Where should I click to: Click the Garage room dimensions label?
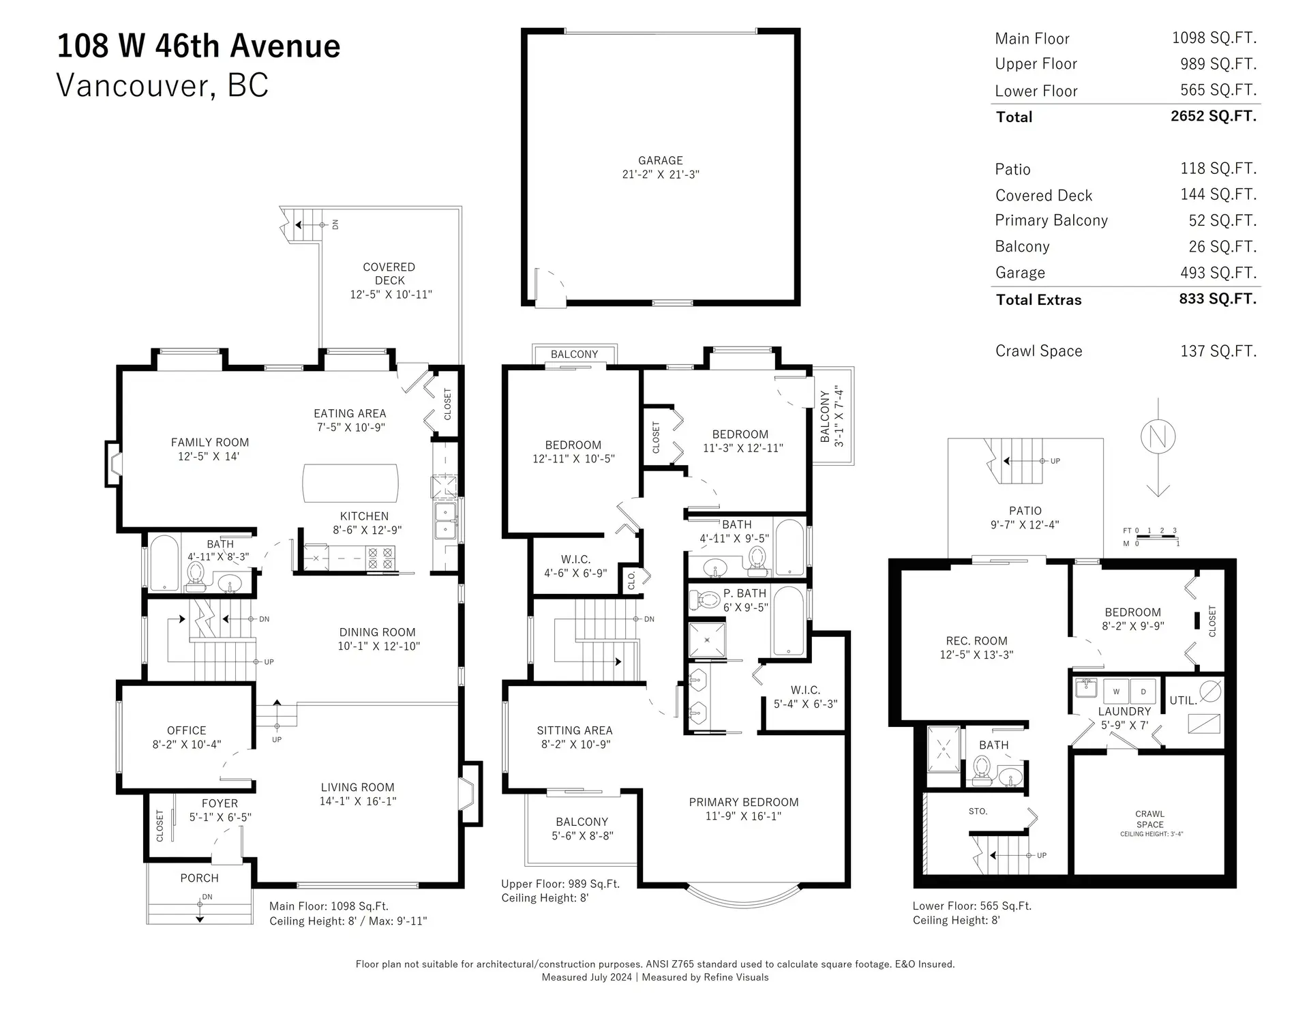coord(660,175)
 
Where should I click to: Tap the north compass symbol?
coord(1158,436)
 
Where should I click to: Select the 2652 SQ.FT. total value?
coord(1213,116)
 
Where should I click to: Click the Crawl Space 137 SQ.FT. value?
coord(1218,351)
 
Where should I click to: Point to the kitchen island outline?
coord(350,483)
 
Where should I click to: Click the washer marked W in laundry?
coord(1116,691)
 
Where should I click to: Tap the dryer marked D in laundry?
coord(1143,691)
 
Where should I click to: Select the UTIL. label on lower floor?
coord(1183,700)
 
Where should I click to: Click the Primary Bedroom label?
coord(743,802)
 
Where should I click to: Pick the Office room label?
coord(186,730)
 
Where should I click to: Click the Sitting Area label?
coord(574,730)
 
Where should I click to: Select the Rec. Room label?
coord(976,641)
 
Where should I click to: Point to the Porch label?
coord(199,878)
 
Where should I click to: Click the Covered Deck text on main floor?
coord(389,273)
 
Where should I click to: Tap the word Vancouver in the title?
coord(132,86)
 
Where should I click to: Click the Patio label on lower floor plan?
coord(1025,511)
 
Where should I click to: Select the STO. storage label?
coord(978,812)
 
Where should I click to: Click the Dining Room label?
coord(377,632)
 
